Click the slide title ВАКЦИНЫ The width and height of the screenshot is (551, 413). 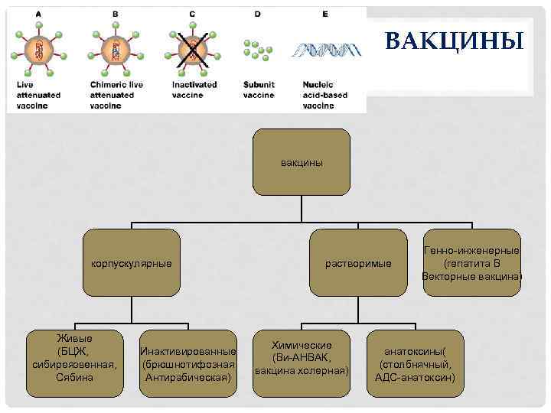(x=454, y=41)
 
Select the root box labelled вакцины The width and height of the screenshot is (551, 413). (x=302, y=162)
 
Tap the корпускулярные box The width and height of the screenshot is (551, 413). (x=132, y=263)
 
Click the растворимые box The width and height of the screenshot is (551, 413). (x=358, y=263)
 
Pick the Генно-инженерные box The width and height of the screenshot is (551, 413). (x=471, y=262)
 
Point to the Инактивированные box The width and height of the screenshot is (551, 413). (x=188, y=363)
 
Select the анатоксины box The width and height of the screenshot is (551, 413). (x=415, y=364)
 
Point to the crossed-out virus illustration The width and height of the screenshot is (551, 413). (x=192, y=50)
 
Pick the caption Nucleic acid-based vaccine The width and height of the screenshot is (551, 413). (x=325, y=95)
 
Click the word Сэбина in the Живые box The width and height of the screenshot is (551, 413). (x=75, y=378)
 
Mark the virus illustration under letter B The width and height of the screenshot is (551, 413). (x=114, y=50)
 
